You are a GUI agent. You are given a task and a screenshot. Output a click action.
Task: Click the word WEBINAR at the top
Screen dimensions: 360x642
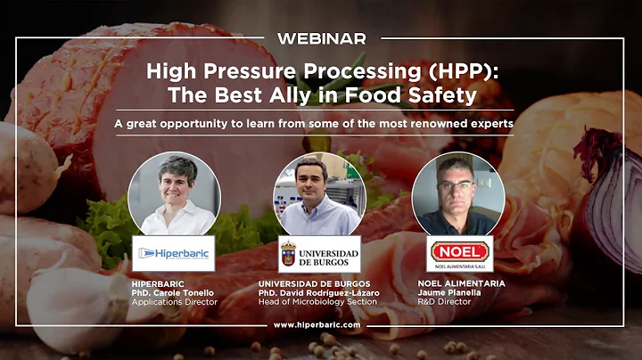321,38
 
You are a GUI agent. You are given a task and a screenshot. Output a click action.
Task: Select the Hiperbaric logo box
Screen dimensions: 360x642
173,253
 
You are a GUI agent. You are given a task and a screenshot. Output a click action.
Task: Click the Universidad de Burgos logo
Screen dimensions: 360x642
318,253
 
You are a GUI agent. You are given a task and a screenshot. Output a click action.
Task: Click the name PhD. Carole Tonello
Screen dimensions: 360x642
172,292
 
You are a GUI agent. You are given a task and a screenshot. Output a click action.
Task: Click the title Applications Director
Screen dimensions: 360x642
175,302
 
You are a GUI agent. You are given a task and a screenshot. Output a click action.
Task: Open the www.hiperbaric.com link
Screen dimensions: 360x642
317,325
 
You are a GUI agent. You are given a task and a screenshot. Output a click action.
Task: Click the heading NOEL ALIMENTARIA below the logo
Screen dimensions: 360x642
461,283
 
